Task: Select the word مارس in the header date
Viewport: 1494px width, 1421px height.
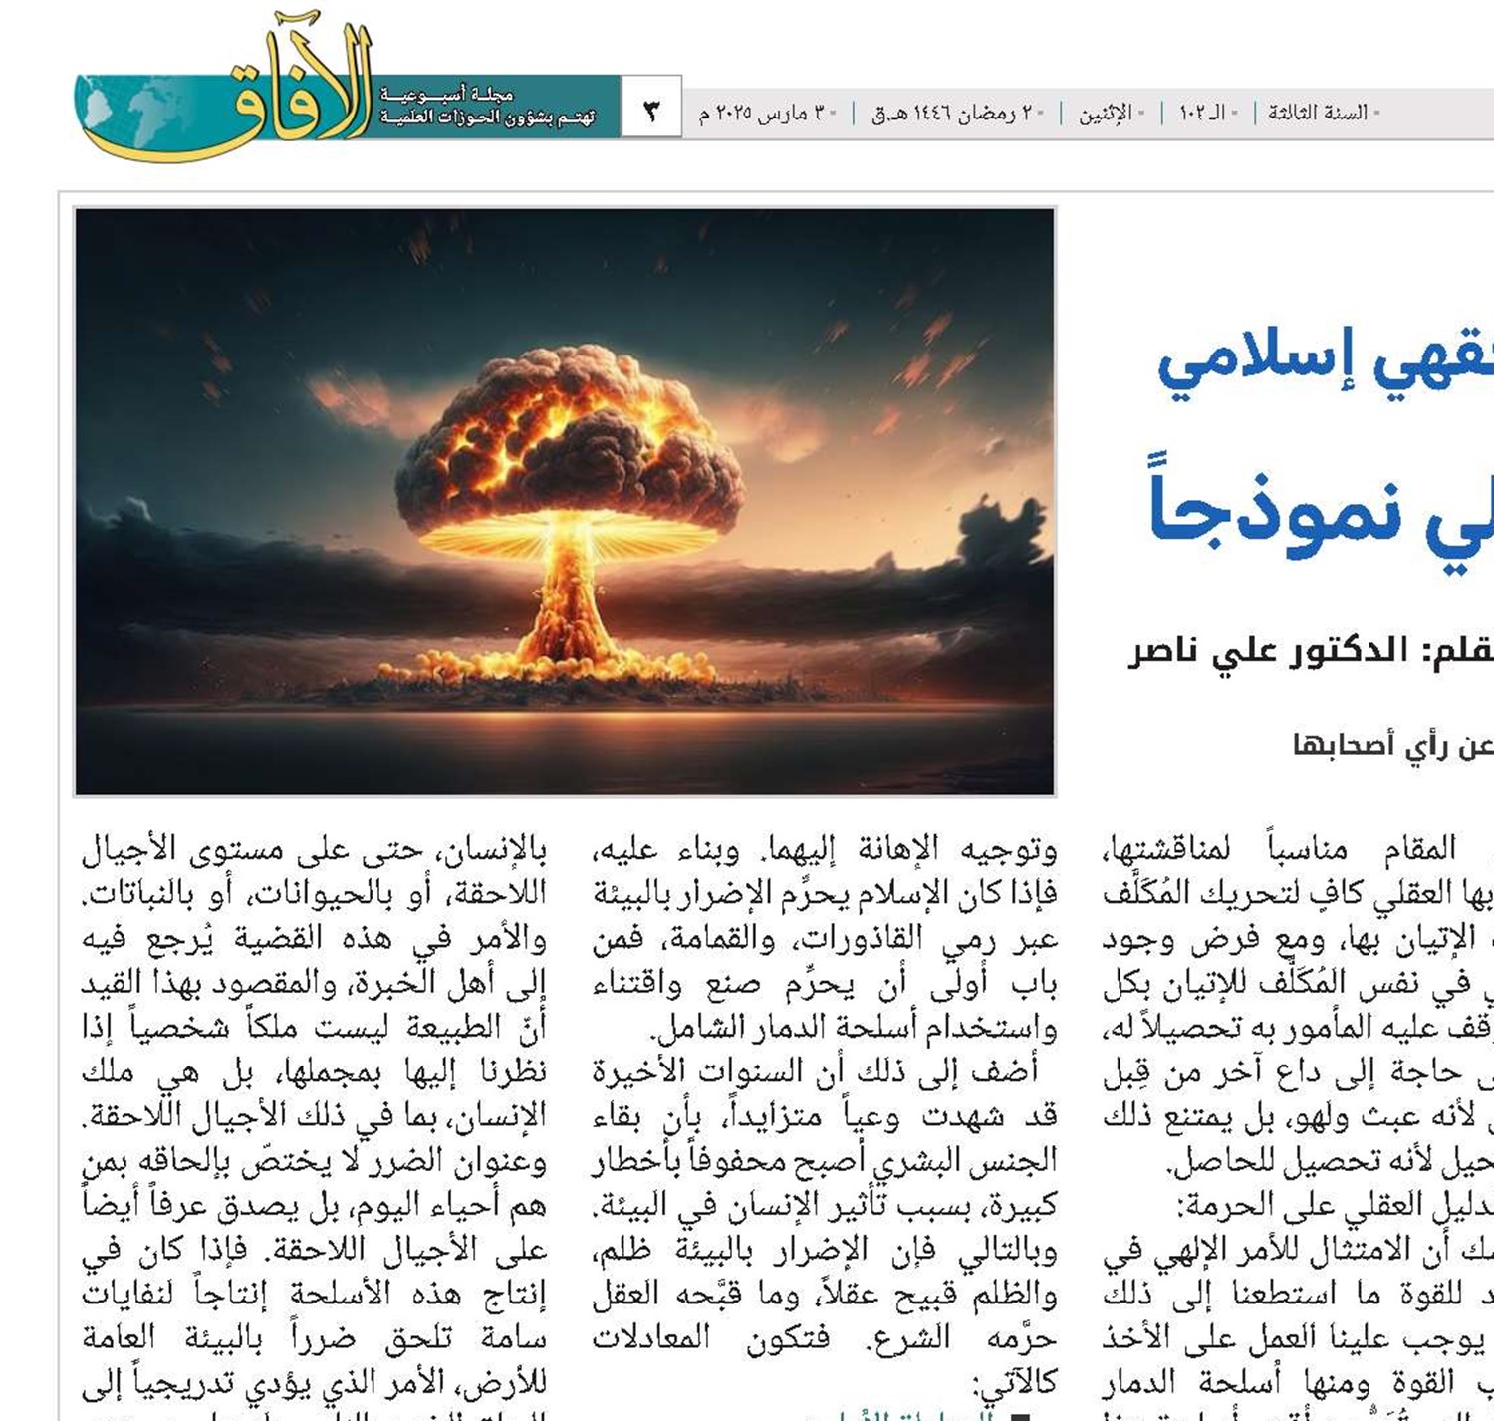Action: (x=779, y=113)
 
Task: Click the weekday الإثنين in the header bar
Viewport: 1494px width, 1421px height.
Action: (x=1106, y=113)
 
